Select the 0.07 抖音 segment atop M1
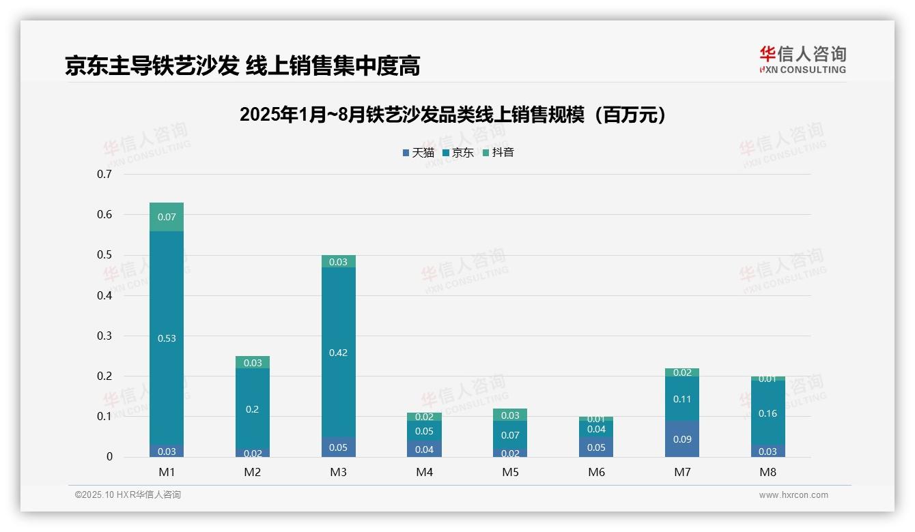(x=167, y=217)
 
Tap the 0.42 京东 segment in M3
(x=339, y=353)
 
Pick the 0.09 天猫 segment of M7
(x=682, y=439)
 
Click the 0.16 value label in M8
(x=768, y=413)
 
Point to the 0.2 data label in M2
(x=253, y=409)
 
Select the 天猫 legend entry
(x=419, y=153)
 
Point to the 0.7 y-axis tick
(x=104, y=174)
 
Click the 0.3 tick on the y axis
(x=104, y=336)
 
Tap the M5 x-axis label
(x=510, y=472)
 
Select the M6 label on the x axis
(x=596, y=472)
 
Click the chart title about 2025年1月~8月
(x=453, y=115)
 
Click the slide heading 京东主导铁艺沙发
(x=242, y=65)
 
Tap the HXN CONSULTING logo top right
(x=802, y=60)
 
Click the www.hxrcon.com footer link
(x=793, y=495)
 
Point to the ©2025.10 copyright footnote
(x=128, y=495)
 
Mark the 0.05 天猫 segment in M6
(x=596, y=447)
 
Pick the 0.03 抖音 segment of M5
(x=510, y=415)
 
